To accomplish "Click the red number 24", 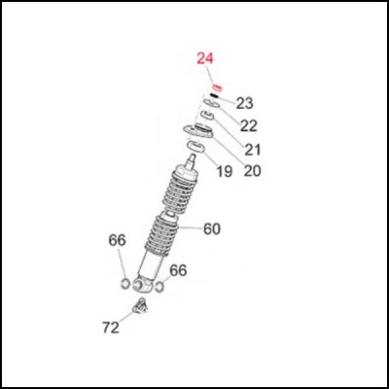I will (204, 59).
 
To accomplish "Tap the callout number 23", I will (244, 103).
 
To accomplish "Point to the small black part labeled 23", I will (214, 98).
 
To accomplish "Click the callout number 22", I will (249, 125).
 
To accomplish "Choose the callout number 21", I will (253, 149).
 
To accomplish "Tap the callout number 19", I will (224, 172).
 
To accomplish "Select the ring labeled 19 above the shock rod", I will (194, 147).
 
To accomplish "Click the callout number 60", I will (211, 230).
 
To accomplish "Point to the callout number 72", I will (111, 327).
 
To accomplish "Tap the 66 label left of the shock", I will (117, 240).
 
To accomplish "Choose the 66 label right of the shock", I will (178, 269).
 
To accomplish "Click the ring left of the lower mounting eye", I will (124, 284).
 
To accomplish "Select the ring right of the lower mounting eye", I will (161, 286).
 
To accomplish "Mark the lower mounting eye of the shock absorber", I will (143, 285).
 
